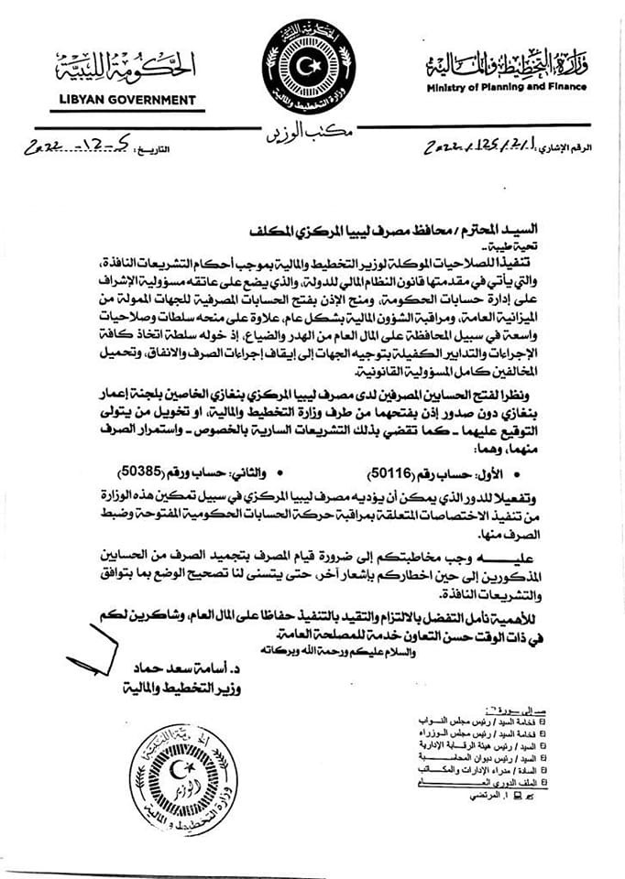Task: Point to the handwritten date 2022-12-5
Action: pyautogui.click(x=82, y=145)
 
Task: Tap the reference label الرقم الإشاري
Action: pyautogui.click(x=574, y=147)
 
